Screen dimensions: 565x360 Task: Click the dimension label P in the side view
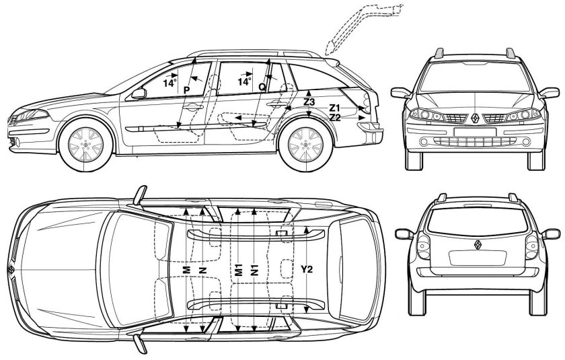(x=186, y=89)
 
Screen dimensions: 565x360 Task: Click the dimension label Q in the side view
(x=262, y=87)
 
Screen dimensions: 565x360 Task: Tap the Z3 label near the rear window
(x=309, y=102)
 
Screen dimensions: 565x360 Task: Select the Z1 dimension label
(x=334, y=108)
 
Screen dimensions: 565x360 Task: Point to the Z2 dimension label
(x=335, y=117)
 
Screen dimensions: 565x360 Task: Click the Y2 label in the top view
(x=307, y=269)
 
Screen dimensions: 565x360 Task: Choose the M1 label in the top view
(x=238, y=271)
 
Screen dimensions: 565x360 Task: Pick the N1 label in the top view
(x=255, y=271)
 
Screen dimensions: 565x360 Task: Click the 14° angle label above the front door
(x=169, y=83)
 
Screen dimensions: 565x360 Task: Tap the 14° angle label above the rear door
(x=244, y=82)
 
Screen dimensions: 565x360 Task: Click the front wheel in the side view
(x=86, y=145)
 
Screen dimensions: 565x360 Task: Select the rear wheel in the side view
(x=305, y=145)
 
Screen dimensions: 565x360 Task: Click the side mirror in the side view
(x=139, y=94)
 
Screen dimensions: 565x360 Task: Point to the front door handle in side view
(x=193, y=107)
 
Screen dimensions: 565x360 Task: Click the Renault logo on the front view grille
(x=475, y=118)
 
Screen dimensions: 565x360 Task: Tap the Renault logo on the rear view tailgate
(x=478, y=245)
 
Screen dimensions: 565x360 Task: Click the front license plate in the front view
(x=475, y=133)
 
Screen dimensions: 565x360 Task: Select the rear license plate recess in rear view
(x=478, y=258)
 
